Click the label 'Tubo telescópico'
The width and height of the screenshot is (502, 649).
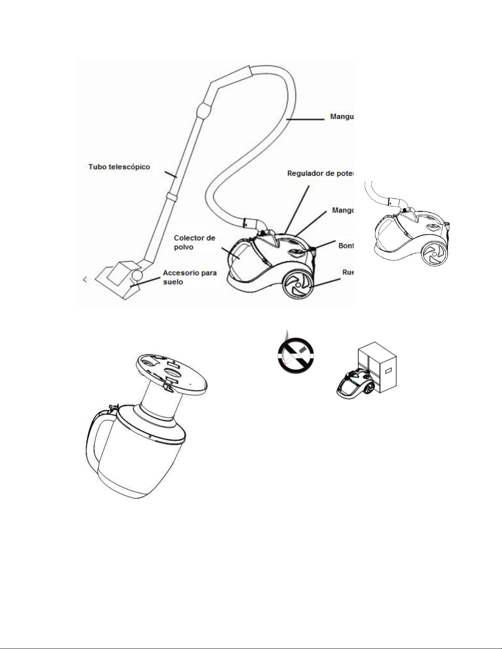119,167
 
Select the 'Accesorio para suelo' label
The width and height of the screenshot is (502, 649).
190,277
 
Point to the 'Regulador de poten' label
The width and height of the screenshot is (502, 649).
320,174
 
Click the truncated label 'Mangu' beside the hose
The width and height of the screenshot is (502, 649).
341,117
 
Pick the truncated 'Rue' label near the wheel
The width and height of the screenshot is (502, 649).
348,272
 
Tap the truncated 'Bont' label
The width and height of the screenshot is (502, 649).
345,246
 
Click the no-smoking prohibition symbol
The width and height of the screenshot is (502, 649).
295,355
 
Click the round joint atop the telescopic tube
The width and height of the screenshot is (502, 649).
205,110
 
